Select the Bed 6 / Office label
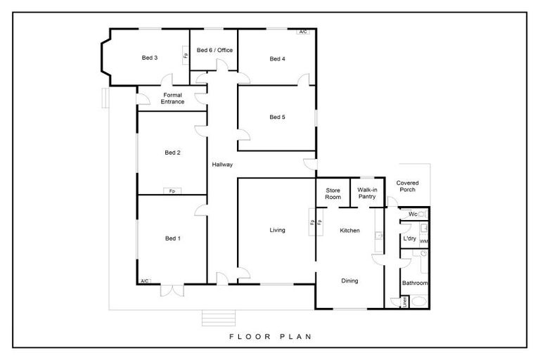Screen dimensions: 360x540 (214, 51)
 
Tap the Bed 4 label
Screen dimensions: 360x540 (277, 59)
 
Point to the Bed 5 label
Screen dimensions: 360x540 (277, 117)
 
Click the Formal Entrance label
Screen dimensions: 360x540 (173, 98)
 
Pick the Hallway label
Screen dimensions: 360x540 (222, 165)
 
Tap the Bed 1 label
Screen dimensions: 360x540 (173, 239)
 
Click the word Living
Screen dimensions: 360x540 (277, 230)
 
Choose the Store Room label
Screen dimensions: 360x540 (333, 193)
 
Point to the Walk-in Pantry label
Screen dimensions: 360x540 (368, 193)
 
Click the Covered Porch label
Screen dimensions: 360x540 (406, 186)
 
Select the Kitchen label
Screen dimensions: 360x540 (350, 231)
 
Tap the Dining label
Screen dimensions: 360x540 (349, 281)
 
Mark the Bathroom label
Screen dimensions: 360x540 (415, 283)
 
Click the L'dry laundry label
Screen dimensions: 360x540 (409, 239)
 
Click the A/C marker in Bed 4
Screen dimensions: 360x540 (303, 32)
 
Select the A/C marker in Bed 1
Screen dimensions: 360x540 (145, 281)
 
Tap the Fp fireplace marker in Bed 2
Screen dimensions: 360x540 (172, 191)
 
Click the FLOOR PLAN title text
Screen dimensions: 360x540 (270, 336)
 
